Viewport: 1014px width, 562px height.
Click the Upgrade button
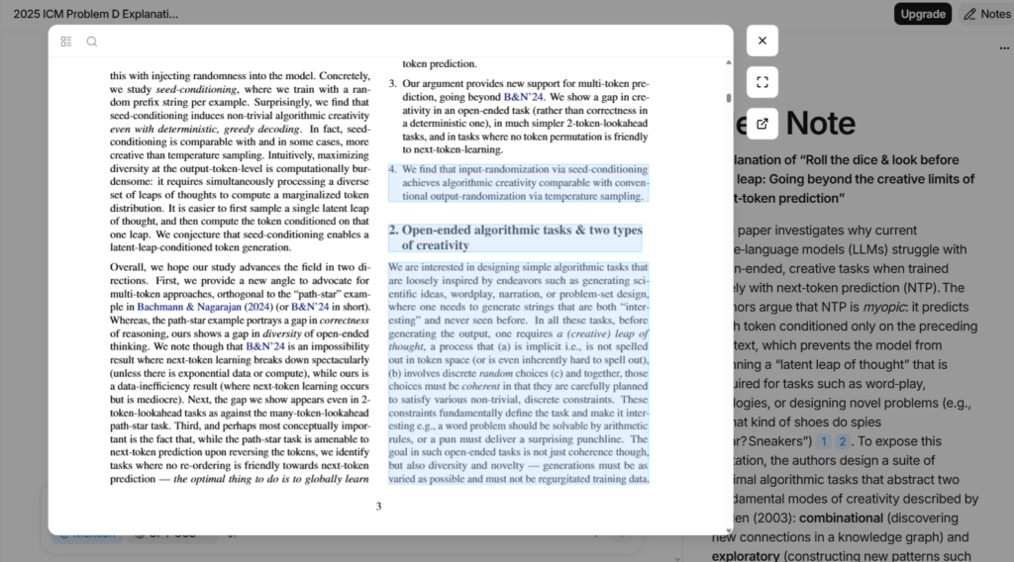pos(922,14)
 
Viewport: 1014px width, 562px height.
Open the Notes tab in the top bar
pos(986,14)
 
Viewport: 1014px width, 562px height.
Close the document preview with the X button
pos(761,41)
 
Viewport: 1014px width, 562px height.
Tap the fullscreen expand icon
pos(761,82)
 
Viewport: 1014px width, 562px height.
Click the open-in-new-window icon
pos(761,124)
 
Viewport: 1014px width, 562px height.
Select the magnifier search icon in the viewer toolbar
pos(92,42)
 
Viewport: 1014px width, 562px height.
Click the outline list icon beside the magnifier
pos(66,42)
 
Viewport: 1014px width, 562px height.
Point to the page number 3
pos(378,507)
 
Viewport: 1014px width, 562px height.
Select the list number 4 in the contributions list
pos(392,169)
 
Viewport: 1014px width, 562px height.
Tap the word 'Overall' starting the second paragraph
pos(130,267)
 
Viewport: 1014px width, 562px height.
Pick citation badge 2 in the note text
pos(843,441)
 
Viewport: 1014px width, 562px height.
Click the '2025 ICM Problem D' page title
pos(89,14)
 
